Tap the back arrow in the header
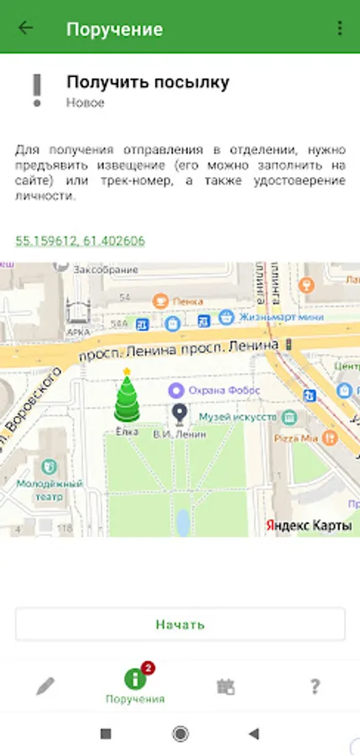pos(26,28)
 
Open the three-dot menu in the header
pos(340,28)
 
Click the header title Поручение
pos(114,29)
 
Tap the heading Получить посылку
pos(148,82)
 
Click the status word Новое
pos(85,102)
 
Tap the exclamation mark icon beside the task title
pos(36,90)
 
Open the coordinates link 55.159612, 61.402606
pos(80,241)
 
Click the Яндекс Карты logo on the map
pos(308,525)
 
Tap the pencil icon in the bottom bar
pos(45,686)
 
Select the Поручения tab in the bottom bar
pos(134,685)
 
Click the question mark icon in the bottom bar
pos(315,686)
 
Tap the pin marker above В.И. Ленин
pos(179,413)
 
